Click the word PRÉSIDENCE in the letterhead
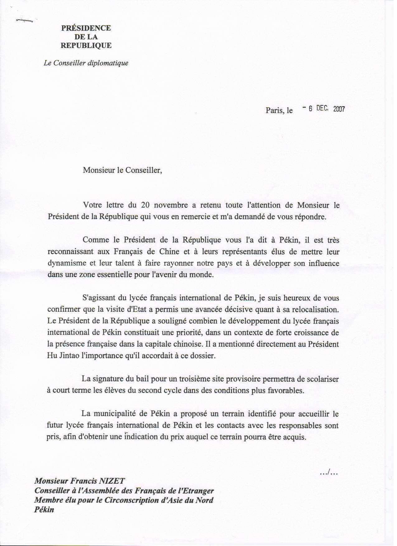(86, 28)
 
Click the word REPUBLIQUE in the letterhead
(86, 45)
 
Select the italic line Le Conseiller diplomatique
(86, 63)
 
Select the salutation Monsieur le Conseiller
(122, 170)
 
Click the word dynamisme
(67, 263)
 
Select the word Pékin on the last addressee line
(44, 510)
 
